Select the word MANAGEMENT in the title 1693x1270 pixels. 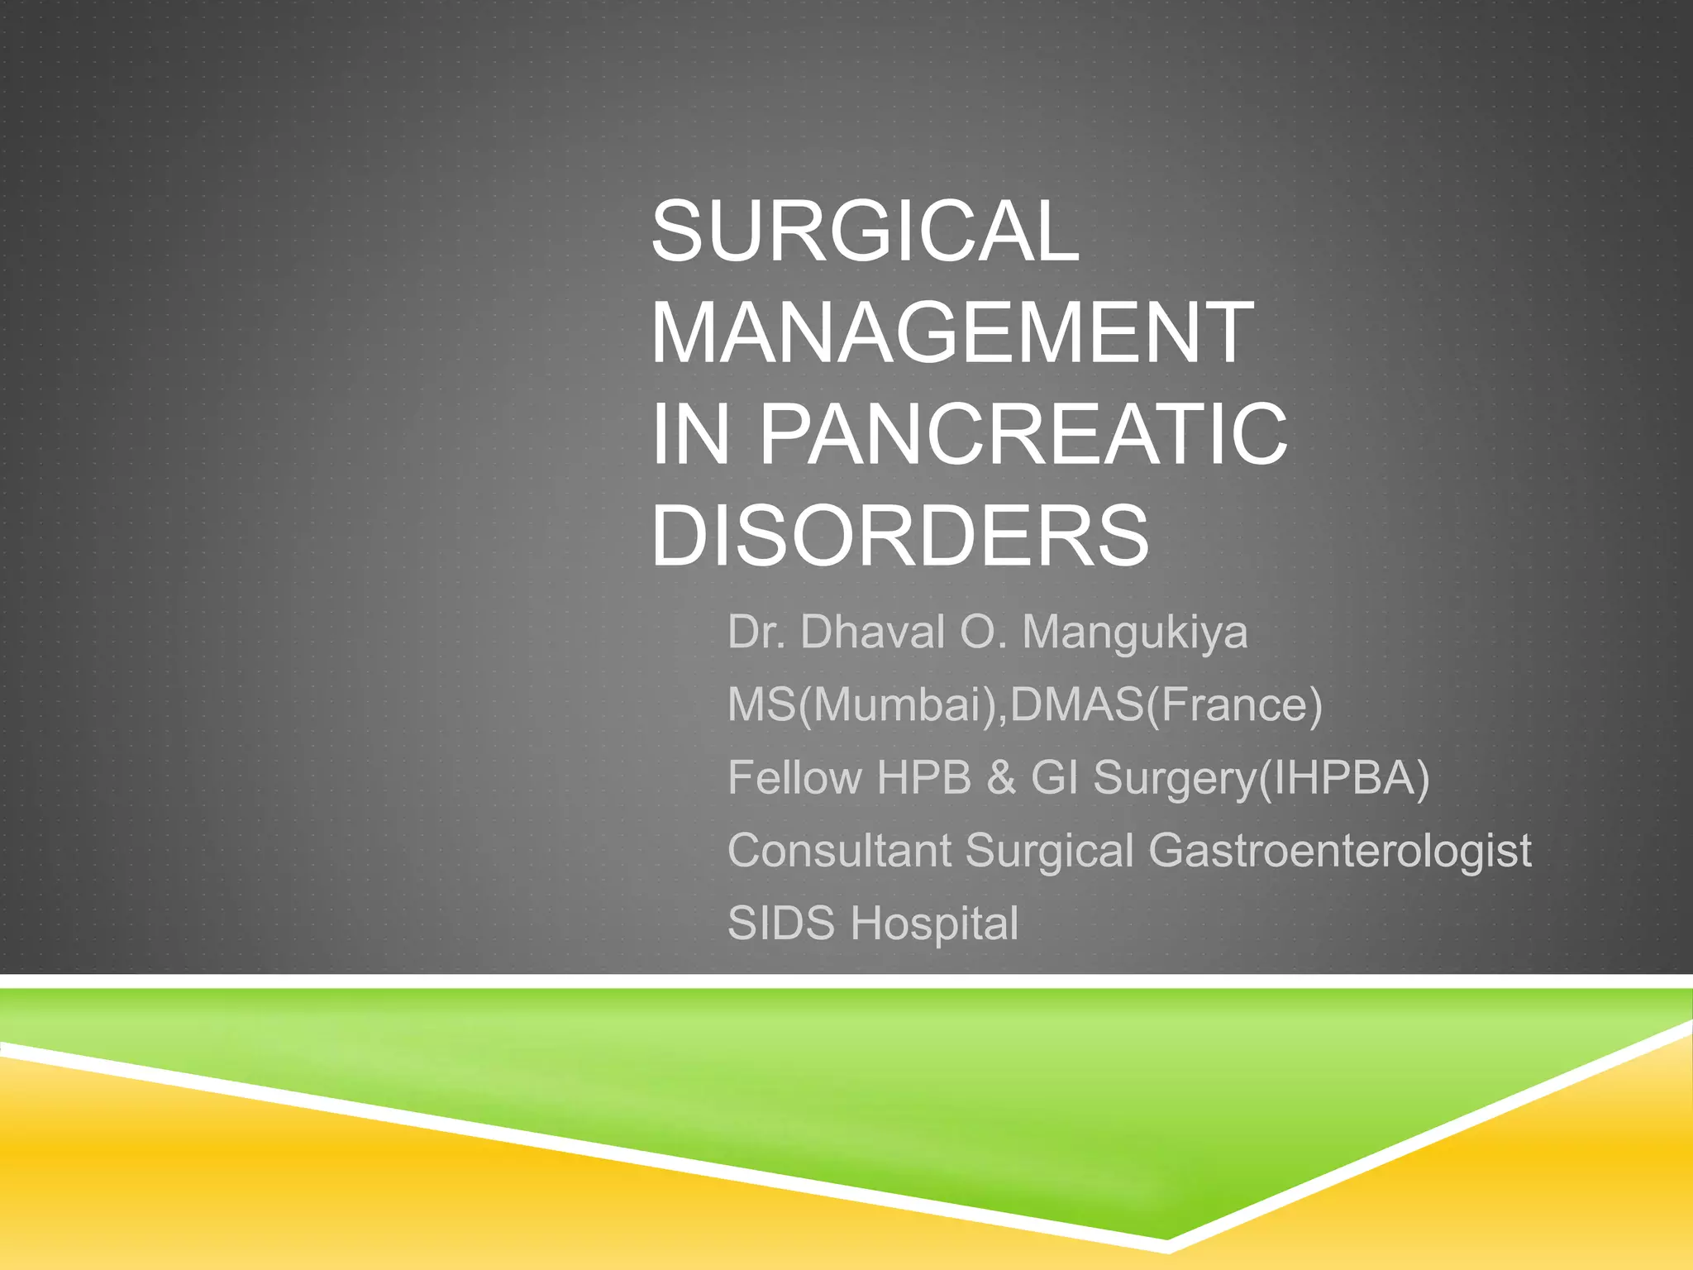tap(952, 333)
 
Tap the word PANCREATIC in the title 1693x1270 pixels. tap(1023, 435)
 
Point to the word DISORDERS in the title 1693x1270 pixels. tap(899, 537)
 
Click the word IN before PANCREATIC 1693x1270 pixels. tap(691, 435)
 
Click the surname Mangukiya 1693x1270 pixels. tap(1134, 633)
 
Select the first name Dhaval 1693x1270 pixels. tap(872, 633)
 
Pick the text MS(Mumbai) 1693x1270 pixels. tap(865, 705)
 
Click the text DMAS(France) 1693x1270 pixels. tap(1166, 705)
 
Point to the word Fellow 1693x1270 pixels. tap(794, 778)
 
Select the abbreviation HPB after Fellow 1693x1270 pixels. tap(923, 778)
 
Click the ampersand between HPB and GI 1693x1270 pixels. tap(1001, 778)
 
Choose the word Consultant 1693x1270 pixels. tap(839, 851)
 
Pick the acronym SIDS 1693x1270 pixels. tap(780, 924)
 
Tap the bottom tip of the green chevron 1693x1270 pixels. tap(1166, 1238)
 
